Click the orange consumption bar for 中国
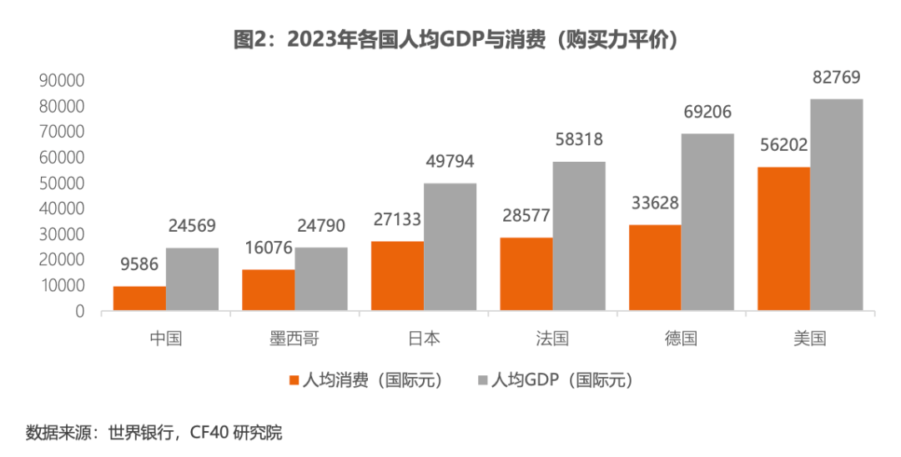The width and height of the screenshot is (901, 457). (x=139, y=299)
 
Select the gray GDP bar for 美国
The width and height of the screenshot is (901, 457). (x=837, y=205)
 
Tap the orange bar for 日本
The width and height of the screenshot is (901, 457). (x=397, y=276)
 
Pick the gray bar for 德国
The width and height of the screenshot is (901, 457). (x=707, y=222)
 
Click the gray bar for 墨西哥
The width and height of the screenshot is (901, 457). (x=321, y=279)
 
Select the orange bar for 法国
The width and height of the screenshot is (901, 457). (x=526, y=274)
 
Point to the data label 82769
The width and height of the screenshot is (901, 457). (x=836, y=78)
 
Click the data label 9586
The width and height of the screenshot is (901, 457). (x=138, y=266)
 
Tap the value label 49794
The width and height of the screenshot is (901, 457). (x=450, y=163)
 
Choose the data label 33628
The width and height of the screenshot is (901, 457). (x=654, y=204)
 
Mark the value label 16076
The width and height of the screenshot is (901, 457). (x=268, y=249)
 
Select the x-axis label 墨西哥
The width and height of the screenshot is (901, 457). (x=294, y=339)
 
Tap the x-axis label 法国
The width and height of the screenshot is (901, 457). (x=552, y=339)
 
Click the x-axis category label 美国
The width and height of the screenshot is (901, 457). (x=810, y=339)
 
